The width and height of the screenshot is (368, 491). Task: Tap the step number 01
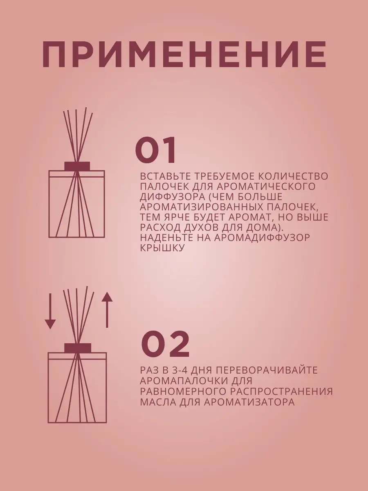[156, 149]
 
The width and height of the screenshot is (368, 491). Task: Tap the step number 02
[165, 345]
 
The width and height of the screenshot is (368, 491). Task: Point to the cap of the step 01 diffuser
[77, 166]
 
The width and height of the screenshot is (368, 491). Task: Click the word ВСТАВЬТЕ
[165, 176]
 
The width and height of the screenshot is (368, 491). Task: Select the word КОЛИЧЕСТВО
[293, 176]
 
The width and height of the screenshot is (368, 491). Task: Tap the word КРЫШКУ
[162, 248]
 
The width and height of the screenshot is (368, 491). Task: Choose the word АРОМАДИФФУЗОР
[262, 238]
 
